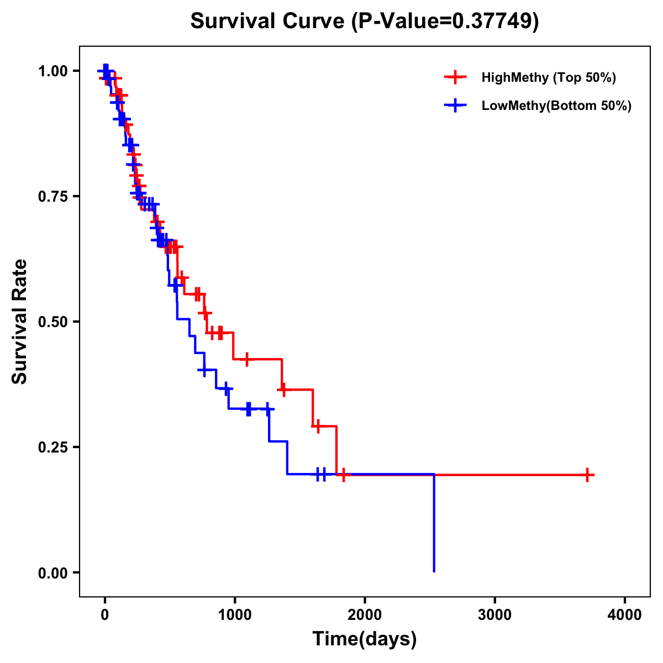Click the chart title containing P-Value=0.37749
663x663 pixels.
pyautogui.click(x=365, y=21)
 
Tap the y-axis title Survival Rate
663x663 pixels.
pyautogui.click(x=20, y=321)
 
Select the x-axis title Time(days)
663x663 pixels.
pyautogui.click(x=365, y=639)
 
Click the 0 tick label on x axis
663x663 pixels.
pyautogui.click(x=104, y=614)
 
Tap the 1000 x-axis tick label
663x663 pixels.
pyautogui.click(x=234, y=614)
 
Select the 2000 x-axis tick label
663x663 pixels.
pyautogui.click(x=365, y=614)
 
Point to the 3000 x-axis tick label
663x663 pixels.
pyautogui.click(x=494, y=614)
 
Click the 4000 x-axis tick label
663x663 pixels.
pyautogui.click(x=625, y=614)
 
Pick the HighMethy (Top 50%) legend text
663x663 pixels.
pyautogui.click(x=549, y=77)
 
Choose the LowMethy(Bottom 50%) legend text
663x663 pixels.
pyautogui.click(x=556, y=106)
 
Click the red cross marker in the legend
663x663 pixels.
pyautogui.click(x=455, y=77)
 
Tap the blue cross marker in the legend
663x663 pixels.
pyautogui.click(x=455, y=106)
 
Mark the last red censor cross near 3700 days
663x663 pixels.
pyautogui.click(x=588, y=475)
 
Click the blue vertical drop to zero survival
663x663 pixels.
pyautogui.click(x=434, y=525)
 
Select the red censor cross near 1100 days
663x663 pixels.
pyautogui.click(x=246, y=359)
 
